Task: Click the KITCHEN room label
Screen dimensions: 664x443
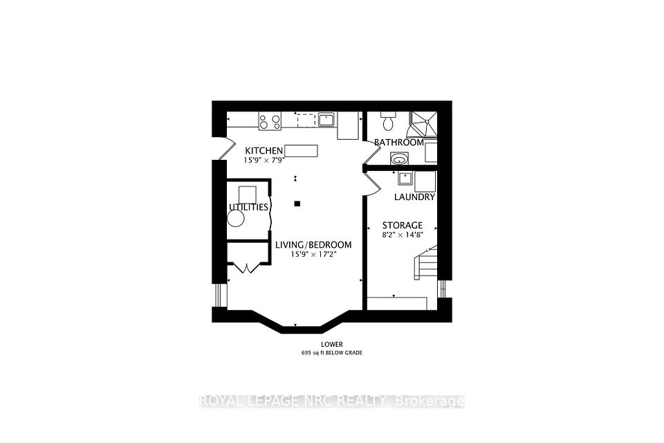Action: point(264,150)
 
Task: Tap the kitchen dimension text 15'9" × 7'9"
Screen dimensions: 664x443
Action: point(264,161)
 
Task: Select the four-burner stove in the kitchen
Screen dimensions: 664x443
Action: point(270,121)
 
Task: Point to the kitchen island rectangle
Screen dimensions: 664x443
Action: point(301,150)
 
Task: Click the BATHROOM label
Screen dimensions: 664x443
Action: point(399,143)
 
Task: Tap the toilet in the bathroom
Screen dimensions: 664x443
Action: point(387,121)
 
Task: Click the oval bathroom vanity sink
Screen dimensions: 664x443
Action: point(398,159)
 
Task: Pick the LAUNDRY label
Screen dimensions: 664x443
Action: point(414,197)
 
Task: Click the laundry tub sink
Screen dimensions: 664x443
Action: point(405,178)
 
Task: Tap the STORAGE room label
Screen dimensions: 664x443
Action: point(403,225)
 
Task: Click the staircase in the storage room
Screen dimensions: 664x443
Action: point(425,263)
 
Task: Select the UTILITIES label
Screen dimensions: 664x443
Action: point(248,207)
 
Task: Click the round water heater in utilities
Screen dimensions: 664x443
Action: point(235,219)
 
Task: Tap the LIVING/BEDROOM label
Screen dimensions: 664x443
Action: point(313,244)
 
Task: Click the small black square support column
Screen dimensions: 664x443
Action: point(297,204)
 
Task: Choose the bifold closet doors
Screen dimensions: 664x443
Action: point(247,268)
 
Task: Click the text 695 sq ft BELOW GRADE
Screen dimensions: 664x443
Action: point(332,353)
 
